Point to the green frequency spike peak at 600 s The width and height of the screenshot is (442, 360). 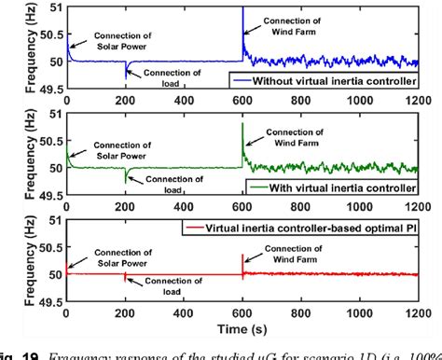tap(242, 123)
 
